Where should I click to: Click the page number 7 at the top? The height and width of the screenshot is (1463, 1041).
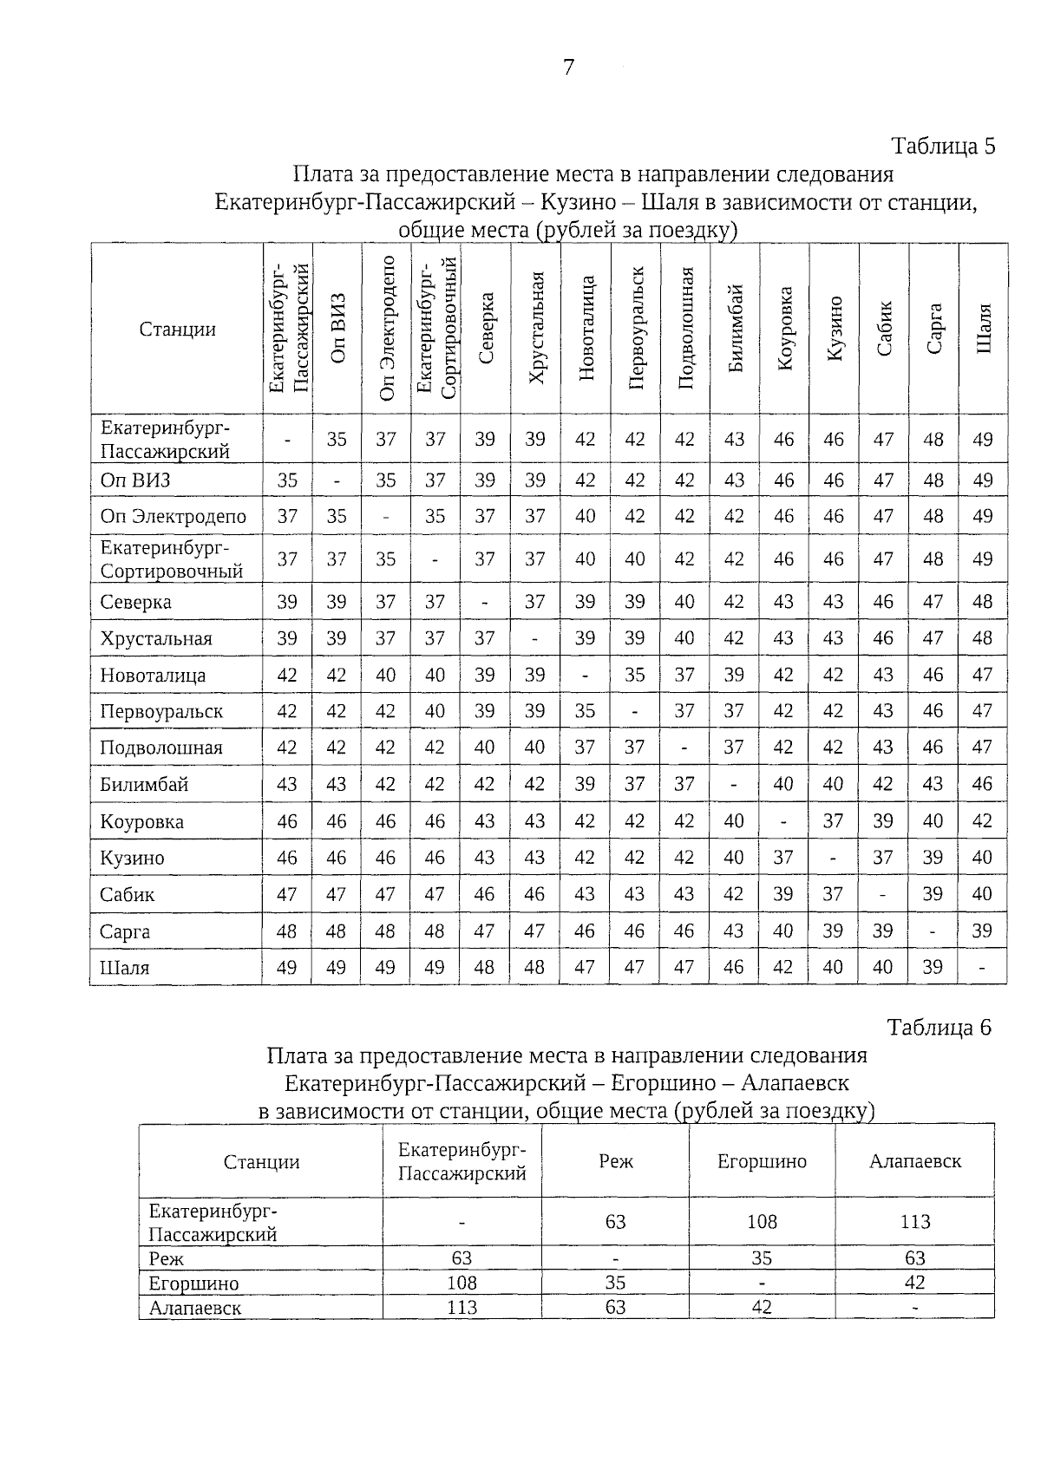568,67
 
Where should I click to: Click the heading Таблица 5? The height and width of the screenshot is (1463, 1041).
943,146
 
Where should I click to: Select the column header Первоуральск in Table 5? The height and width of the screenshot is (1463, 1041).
636,329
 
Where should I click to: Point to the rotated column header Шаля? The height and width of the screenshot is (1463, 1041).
983,329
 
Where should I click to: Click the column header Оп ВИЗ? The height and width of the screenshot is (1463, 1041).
337,329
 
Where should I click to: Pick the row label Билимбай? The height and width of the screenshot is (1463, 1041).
144,785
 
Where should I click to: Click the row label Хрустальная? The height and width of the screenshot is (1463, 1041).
156,639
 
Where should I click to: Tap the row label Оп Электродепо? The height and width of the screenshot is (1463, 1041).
173,517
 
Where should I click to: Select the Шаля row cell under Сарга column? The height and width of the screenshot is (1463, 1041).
933,967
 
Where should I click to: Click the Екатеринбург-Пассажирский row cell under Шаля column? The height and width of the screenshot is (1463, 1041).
982,440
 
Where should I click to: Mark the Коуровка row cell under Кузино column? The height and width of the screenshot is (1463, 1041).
833,820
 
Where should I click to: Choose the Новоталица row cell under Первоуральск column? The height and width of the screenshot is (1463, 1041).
635,675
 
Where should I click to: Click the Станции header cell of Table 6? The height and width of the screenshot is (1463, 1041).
261,1162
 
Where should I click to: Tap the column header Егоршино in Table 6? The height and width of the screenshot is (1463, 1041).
762,1162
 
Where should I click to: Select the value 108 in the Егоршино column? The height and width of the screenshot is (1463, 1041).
762,1222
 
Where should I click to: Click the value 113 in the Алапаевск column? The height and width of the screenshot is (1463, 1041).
914,1222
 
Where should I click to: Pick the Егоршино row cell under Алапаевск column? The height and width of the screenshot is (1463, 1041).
914,1283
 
